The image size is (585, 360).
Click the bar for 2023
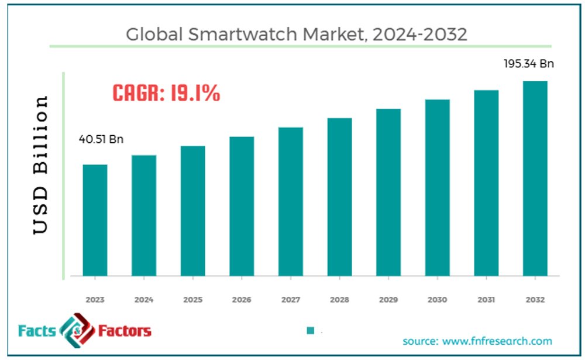point(95,220)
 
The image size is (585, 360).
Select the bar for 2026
point(242,206)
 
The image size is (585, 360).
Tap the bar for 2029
point(388,192)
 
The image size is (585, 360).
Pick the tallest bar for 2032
point(535,178)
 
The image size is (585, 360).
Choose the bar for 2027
point(291,201)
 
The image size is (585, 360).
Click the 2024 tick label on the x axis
point(144,300)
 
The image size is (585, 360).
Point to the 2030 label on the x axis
point(437,300)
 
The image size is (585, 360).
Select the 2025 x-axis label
point(192,300)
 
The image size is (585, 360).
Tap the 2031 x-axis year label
point(486,300)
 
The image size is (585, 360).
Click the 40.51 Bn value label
point(101,139)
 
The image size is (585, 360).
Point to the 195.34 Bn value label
point(529,63)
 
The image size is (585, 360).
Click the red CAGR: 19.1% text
point(166,93)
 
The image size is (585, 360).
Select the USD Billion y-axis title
point(40,164)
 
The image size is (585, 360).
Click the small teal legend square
point(311,331)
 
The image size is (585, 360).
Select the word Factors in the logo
point(124,331)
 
